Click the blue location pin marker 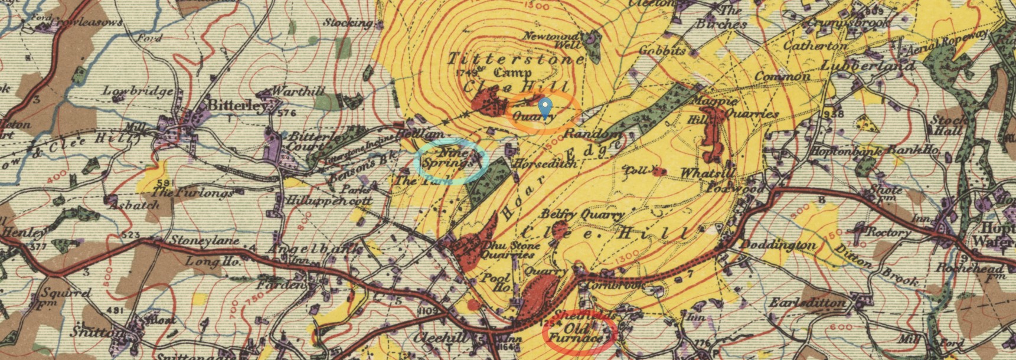point(546,108)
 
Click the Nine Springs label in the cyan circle point(452,157)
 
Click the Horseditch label point(545,163)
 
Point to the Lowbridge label point(138,91)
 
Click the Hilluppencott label point(328,201)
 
